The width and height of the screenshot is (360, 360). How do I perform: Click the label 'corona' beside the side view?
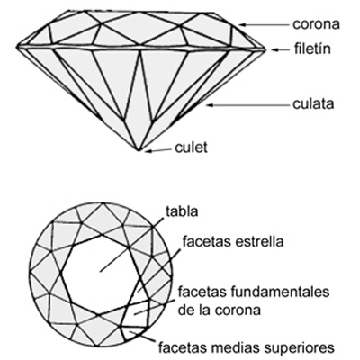pos(316,24)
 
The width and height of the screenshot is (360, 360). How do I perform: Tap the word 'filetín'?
pos(312,49)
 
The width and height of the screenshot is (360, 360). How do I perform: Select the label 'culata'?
pos(313,103)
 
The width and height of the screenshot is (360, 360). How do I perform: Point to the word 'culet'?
pos(191,148)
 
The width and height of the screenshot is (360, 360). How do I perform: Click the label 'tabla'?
pos(182,211)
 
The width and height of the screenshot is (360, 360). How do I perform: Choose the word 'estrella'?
pos(259,241)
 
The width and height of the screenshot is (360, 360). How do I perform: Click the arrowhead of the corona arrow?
pos(242,24)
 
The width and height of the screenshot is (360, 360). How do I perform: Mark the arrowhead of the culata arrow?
pos(211,105)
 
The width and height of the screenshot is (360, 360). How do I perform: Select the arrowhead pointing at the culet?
pos(148,151)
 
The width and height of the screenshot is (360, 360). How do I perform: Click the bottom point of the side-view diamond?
pos(139,150)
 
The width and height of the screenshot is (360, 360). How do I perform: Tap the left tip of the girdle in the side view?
pos(16,47)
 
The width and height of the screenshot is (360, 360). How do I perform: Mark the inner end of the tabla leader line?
pos(100,272)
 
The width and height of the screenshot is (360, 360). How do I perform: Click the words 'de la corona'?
pos(219,310)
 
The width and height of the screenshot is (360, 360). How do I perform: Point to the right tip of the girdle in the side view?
pos(265,49)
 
